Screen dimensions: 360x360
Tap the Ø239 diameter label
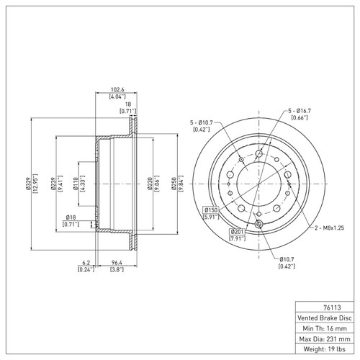point(53,184)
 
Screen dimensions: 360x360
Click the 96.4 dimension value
point(114,264)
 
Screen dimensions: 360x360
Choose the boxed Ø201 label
point(235,231)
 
